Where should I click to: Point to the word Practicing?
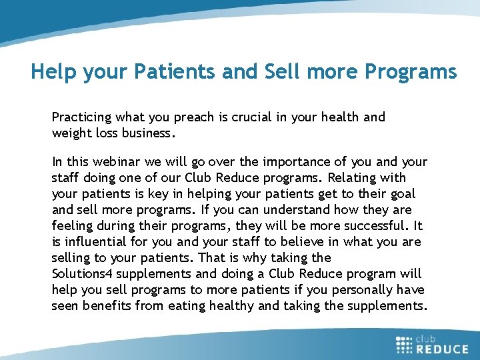tap(83, 117)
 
